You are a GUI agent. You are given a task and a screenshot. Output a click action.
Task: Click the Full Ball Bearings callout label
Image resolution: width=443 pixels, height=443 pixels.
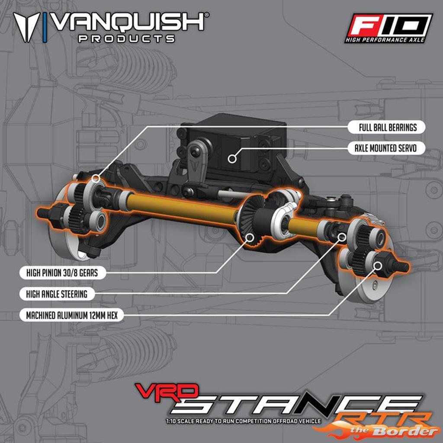pos(386,127)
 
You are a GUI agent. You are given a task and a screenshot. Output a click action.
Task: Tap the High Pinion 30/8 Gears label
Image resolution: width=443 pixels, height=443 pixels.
pos(62,273)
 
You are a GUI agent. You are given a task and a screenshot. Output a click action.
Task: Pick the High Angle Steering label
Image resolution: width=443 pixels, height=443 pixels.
pos(57,294)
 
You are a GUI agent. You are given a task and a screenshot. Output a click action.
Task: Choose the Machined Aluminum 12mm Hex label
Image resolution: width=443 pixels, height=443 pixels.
pos(72,315)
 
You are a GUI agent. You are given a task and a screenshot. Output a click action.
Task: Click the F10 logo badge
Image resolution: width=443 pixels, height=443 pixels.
pos(388,28)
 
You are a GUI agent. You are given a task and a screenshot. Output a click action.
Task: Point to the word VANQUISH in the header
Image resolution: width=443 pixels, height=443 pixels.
pos(129,22)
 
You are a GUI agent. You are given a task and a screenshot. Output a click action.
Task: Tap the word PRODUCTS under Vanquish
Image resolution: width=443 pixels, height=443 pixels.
pos(126,39)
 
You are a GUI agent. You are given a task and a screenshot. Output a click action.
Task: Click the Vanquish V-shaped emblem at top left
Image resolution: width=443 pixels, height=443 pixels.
pos(26,27)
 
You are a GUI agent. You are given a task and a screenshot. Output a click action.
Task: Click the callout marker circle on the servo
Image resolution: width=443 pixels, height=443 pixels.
pos(232,159)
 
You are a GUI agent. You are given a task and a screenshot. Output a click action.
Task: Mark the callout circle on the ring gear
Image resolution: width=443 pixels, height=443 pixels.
pos(250,238)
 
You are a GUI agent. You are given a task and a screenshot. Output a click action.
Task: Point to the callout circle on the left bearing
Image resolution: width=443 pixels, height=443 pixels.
pos(96,178)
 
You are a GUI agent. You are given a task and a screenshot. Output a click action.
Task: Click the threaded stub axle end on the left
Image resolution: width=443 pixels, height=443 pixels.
pos(43,212)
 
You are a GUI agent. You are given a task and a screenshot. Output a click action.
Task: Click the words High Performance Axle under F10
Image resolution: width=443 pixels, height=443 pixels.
pos(385,40)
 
